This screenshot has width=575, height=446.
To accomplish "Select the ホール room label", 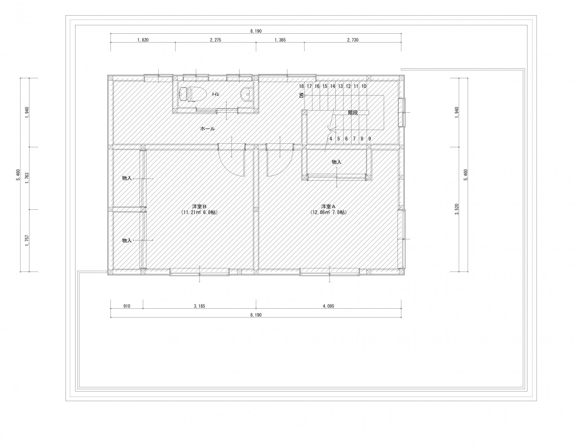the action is tap(207, 129).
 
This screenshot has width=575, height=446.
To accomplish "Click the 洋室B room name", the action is tap(199, 206).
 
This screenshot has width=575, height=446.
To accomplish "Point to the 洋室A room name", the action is tap(329, 206).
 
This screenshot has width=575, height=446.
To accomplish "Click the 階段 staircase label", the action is tap(353, 112).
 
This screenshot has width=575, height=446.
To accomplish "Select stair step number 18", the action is tap(301, 86).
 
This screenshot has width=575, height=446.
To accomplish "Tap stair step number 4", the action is tap(331, 139).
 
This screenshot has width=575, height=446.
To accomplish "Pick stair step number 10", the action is tap(364, 86).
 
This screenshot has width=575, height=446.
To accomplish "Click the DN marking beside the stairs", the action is tap(301, 95).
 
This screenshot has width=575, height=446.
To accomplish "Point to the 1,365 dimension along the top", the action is tap(280, 40).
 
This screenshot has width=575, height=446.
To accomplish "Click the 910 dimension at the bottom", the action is tap(127, 306).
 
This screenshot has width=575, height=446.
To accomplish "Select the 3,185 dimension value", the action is tap(199, 306).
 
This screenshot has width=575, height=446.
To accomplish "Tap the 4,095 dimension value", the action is tap(329, 306).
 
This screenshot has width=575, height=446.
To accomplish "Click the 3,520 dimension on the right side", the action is tap(457, 209).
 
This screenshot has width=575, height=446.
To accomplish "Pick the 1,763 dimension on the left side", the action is tap(27, 178).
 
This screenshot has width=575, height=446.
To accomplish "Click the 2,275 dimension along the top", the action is tap(215, 40).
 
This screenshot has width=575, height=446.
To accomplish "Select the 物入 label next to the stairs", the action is tap(337, 162).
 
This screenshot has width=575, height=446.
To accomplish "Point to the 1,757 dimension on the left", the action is tap(27, 240).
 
